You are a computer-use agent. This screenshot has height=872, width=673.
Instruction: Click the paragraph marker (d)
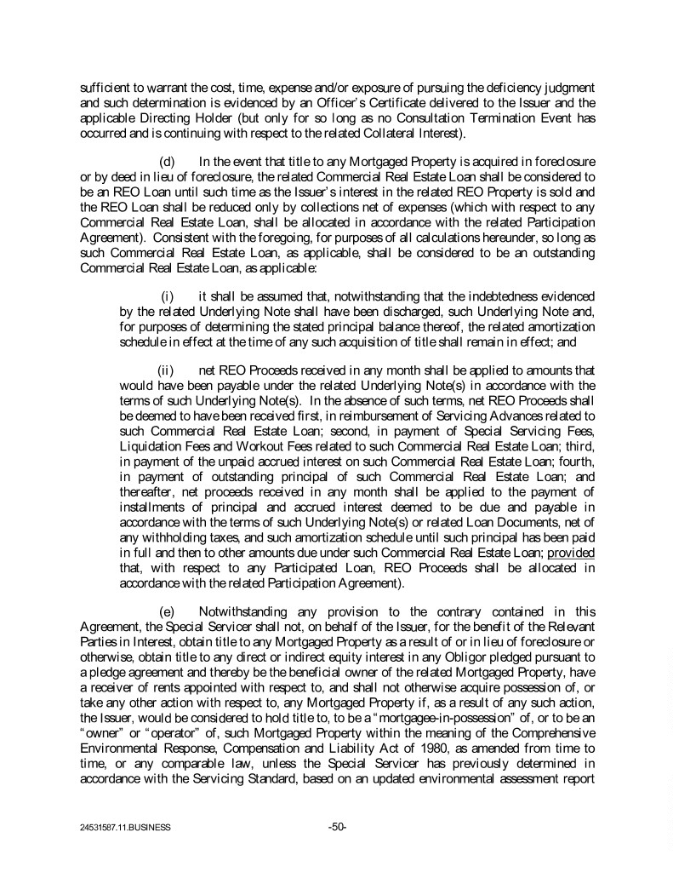tap(168, 162)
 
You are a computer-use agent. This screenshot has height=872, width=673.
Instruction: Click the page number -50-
tap(337, 825)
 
